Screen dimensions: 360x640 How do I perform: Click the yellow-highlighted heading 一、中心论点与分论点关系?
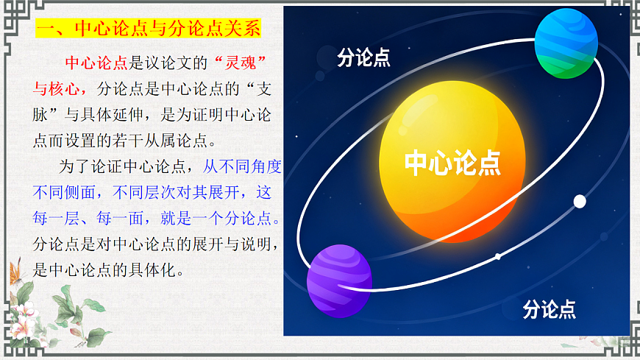[x=148, y=29]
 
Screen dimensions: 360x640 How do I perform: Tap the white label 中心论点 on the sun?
[x=452, y=163]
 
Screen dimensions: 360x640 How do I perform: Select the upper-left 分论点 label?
[x=363, y=58]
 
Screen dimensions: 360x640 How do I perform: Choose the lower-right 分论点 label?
[x=549, y=308]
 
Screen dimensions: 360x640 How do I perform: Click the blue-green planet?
[x=566, y=43]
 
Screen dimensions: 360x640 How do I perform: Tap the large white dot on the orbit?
[x=580, y=201]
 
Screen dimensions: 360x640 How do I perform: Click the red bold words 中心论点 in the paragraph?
[x=96, y=62]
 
